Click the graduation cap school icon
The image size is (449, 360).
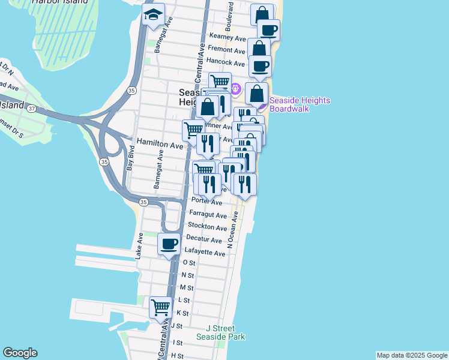(153, 15)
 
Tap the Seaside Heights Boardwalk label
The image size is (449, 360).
(300, 104)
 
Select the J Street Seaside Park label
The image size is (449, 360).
(221, 332)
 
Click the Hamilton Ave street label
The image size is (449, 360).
(160, 145)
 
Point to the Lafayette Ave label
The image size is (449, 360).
(205, 253)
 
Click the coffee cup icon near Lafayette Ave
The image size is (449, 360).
(169, 244)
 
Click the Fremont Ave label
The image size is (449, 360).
(226, 51)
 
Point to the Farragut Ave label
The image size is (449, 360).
(208, 215)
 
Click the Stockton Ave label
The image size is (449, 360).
(207, 227)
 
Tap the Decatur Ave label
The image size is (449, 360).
(205, 240)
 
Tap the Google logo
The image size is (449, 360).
(20, 353)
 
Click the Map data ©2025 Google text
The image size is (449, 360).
(411, 355)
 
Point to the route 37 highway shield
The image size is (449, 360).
(32, 109)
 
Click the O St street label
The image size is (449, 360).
(188, 263)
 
